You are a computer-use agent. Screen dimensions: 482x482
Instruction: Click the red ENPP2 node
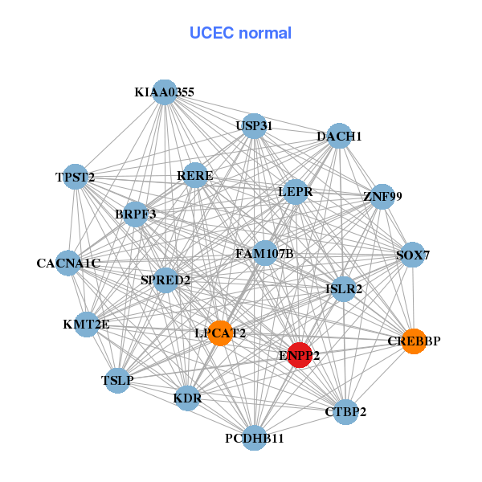point(300,355)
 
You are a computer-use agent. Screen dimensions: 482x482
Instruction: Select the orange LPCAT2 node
point(220,333)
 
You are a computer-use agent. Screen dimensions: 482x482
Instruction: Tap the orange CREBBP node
point(414,341)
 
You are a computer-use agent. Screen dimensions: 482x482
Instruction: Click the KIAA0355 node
point(165,92)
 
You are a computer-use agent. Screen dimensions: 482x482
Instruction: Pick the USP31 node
point(254,126)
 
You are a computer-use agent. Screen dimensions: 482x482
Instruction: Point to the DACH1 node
point(340,137)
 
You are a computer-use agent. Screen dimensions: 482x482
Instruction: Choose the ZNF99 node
point(382,196)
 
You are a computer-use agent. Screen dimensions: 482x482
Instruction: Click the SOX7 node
point(413,255)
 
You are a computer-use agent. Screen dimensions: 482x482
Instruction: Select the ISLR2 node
point(344,288)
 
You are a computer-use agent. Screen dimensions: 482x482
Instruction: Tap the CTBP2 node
point(345,412)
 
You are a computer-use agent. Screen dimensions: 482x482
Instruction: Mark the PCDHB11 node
point(255,438)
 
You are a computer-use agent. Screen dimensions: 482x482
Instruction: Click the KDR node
point(187,398)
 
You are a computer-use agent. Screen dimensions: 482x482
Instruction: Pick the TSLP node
point(118,380)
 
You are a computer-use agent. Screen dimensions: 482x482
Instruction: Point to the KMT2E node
point(86,325)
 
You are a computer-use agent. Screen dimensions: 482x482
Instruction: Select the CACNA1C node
point(68,263)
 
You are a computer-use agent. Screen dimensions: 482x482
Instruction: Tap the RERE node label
point(195,176)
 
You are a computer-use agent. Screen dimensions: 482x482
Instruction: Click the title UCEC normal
point(240,33)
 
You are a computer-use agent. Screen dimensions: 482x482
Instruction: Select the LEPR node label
point(295,192)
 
